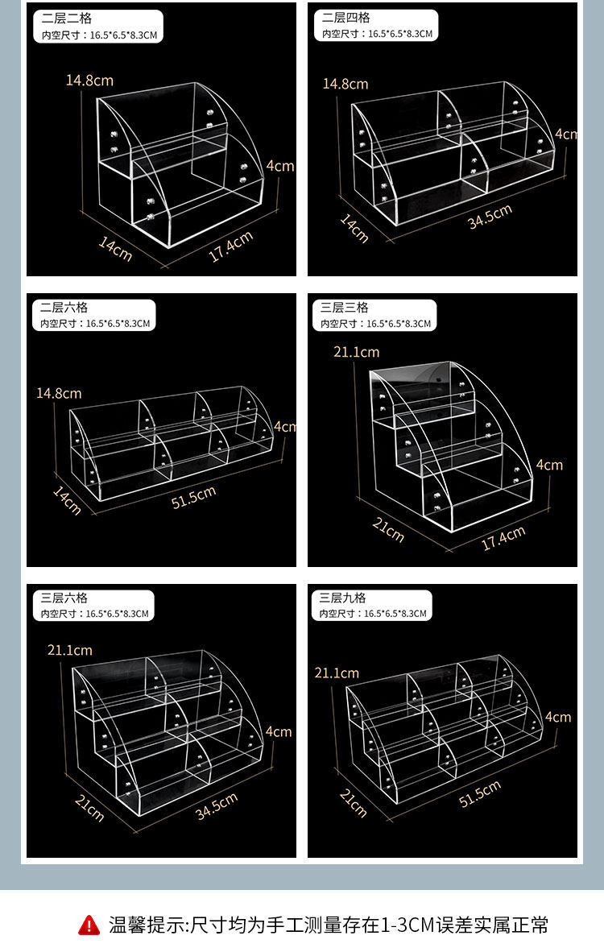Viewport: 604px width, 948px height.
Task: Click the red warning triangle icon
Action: pyautogui.click(x=89, y=925)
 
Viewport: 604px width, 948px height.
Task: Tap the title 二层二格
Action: pyautogui.click(x=67, y=19)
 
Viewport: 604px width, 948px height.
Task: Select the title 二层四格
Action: pyautogui.click(x=345, y=18)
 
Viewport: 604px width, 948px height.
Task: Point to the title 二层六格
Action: pyautogui.click(x=64, y=307)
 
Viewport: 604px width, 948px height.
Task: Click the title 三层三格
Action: pyautogui.click(x=344, y=307)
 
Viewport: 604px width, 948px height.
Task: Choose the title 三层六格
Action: pyautogui.click(x=64, y=598)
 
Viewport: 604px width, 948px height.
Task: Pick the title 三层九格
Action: pyautogui.click(x=343, y=598)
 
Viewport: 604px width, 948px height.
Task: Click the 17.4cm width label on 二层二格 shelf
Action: pyautogui.click(x=230, y=246)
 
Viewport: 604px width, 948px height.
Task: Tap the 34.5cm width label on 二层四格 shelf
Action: pyautogui.click(x=490, y=216)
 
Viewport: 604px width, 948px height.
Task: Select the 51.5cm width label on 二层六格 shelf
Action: pyautogui.click(x=193, y=497)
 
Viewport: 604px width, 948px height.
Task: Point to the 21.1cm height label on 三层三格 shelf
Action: pyautogui.click(x=356, y=352)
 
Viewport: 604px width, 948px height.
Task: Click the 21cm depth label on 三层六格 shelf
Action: pyautogui.click(x=89, y=808)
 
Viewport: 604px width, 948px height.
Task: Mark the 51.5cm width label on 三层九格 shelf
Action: pyautogui.click(x=480, y=793)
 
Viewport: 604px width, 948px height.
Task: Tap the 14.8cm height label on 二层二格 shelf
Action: pyautogui.click(x=89, y=81)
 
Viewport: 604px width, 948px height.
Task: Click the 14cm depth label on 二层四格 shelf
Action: pyautogui.click(x=354, y=228)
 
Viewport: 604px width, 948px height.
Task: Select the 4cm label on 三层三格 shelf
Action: pyautogui.click(x=549, y=465)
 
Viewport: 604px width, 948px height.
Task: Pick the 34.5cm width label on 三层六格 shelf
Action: pyautogui.click(x=217, y=806)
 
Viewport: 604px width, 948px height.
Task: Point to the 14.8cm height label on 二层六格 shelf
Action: pyautogui.click(x=59, y=394)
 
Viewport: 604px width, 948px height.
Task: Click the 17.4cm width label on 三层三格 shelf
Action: pyautogui.click(x=503, y=538)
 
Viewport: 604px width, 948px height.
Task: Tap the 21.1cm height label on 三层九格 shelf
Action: pyautogui.click(x=337, y=673)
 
